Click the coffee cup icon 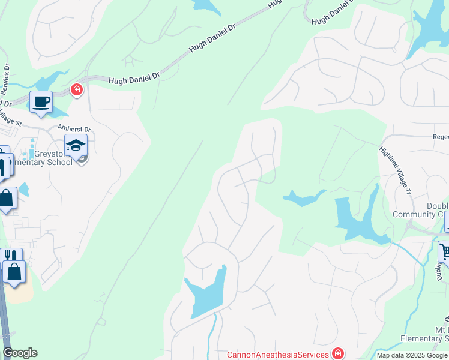tap(41, 101)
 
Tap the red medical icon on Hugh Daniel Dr tap(76, 90)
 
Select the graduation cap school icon tap(76, 145)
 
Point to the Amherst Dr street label tap(74, 129)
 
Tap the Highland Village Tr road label tap(394, 170)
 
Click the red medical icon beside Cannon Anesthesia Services tap(339, 353)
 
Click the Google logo tap(20, 353)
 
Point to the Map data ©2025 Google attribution tap(411, 355)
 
